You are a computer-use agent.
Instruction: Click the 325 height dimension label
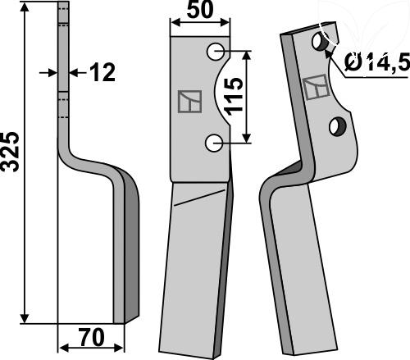(x=11, y=152)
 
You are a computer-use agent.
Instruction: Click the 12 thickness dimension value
(x=102, y=72)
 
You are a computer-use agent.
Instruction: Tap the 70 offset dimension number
(x=92, y=337)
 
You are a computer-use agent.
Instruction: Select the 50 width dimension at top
(x=200, y=10)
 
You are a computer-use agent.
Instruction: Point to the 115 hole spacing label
(x=234, y=96)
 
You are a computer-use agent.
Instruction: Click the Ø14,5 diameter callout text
(x=377, y=62)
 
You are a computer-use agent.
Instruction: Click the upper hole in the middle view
(x=216, y=52)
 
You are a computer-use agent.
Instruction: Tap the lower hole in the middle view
(x=214, y=143)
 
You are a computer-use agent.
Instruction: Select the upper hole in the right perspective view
(x=320, y=42)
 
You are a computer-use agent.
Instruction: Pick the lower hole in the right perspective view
(x=338, y=126)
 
